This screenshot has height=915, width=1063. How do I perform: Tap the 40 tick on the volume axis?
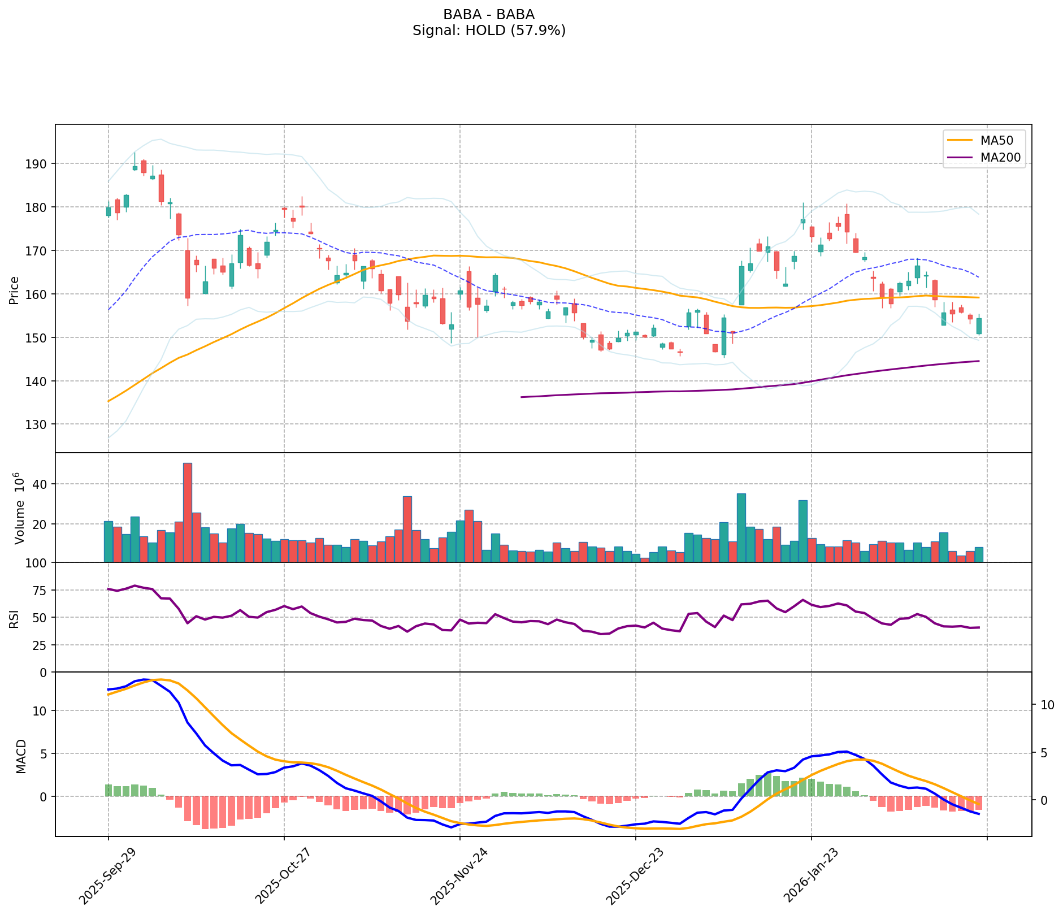click(42, 484)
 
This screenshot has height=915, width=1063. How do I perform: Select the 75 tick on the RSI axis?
click(42, 591)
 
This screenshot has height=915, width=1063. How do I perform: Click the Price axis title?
click(15, 290)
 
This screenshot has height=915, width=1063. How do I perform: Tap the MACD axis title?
click(21, 756)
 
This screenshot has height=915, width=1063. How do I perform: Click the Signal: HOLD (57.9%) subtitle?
click(489, 31)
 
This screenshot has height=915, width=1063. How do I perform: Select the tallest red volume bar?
click(188, 512)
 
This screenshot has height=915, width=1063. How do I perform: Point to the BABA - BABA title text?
click(489, 15)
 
